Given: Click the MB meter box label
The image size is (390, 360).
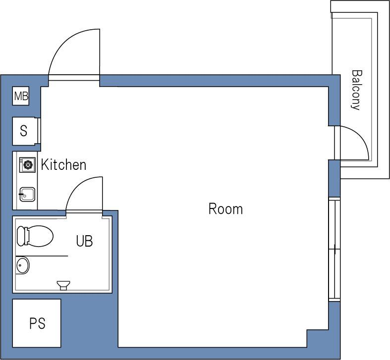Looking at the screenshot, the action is pyautogui.click(x=21, y=96).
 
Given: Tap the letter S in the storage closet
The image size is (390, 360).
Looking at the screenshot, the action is pyautogui.click(x=24, y=131).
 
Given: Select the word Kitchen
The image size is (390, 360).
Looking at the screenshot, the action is pyautogui.click(x=63, y=164).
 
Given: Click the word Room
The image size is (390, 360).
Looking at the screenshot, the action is pyautogui.click(x=225, y=209).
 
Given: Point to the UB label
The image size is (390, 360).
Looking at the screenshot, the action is pyautogui.click(x=84, y=241).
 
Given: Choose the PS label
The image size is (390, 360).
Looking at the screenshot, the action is pyautogui.click(x=37, y=323).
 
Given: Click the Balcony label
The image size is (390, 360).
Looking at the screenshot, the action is pyautogui.click(x=356, y=90).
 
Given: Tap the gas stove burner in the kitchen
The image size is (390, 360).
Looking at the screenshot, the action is pyautogui.click(x=27, y=164).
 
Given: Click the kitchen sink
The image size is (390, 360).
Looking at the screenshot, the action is pyautogui.click(x=27, y=195).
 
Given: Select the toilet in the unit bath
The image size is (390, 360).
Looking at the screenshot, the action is pyautogui.click(x=35, y=236).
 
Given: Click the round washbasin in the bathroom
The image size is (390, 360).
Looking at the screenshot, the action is pyautogui.click(x=23, y=265).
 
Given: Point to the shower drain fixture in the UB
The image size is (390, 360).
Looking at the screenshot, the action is pyautogui.click(x=63, y=285).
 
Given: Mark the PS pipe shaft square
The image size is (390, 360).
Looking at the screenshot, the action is pyautogui.click(x=37, y=323).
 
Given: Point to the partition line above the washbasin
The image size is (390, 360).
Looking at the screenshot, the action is pyautogui.click(x=42, y=256).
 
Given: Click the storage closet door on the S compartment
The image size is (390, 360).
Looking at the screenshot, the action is pyautogui.click(x=39, y=131).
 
